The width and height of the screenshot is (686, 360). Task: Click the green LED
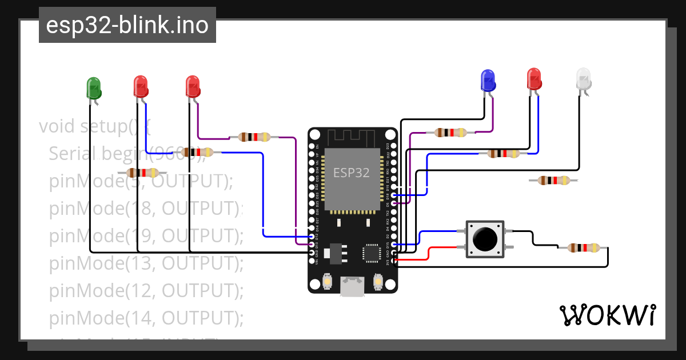[x=93, y=88]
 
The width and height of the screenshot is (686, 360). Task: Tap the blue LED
[x=487, y=81]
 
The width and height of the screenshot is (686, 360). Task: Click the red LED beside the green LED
[x=141, y=86]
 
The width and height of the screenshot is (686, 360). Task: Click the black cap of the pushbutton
[x=485, y=239]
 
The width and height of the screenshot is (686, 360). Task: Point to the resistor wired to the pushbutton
[x=584, y=248]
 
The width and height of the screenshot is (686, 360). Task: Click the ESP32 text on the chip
[x=351, y=172]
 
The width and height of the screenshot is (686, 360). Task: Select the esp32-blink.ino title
[x=127, y=25]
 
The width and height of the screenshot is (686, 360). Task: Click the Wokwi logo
[x=607, y=315]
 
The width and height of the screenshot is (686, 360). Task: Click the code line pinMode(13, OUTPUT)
[x=146, y=263]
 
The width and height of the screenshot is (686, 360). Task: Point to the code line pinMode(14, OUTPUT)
[x=146, y=318]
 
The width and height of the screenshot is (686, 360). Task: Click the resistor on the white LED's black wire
[x=553, y=181]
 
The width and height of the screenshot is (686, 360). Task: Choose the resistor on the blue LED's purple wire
[x=452, y=133]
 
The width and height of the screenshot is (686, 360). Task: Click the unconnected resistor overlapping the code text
[x=142, y=173]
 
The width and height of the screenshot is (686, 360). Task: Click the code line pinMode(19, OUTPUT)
[x=146, y=235]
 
